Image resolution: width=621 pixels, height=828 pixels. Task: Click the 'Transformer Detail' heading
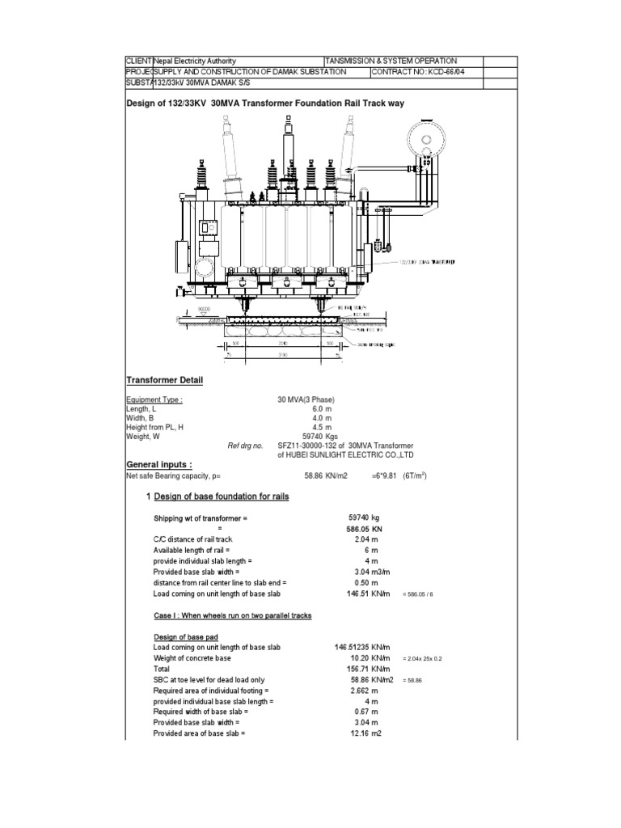click(x=164, y=381)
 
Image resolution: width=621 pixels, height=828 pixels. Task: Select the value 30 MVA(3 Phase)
click(x=306, y=399)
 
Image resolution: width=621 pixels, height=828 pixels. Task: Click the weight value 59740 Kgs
click(x=317, y=436)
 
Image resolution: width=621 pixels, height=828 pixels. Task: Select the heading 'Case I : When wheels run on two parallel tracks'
click(x=233, y=615)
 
